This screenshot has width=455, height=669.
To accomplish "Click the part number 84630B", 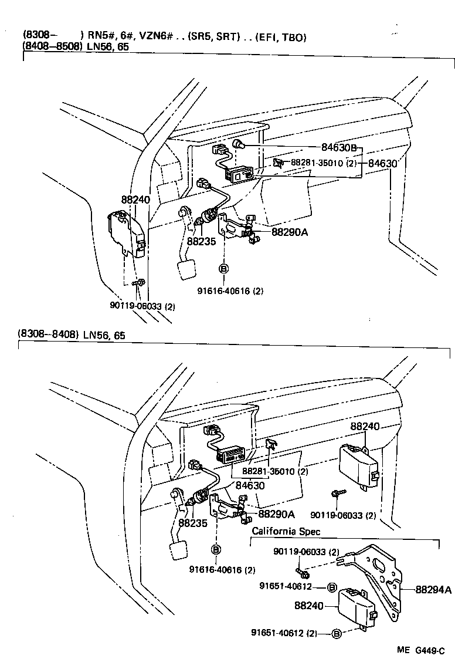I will click(x=338, y=148).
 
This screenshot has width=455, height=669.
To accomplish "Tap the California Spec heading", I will click(x=286, y=531).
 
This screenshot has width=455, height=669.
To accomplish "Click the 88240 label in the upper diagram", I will click(x=135, y=200).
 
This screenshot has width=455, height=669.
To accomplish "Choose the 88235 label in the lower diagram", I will click(x=193, y=522).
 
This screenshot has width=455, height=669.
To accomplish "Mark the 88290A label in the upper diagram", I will click(x=290, y=232).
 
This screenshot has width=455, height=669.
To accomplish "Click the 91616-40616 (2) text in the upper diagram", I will click(x=226, y=290).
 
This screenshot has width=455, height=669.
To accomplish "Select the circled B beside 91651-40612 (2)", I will click(x=337, y=633).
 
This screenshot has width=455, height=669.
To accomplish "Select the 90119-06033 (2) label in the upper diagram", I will click(x=142, y=305).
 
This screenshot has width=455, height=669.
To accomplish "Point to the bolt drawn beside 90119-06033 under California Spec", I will click(x=300, y=569).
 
